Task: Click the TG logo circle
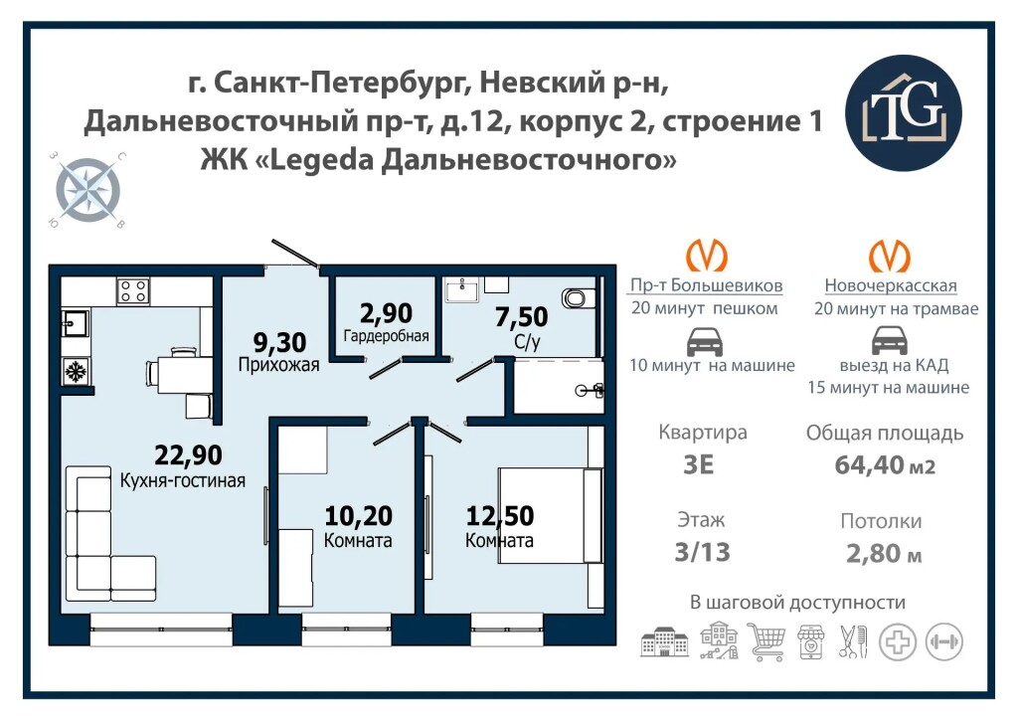point(903,112)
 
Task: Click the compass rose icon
point(87,190)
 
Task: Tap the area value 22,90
point(188,455)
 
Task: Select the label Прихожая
point(278,365)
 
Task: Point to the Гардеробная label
point(387,336)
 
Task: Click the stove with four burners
point(133,290)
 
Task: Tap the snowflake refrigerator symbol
point(76,372)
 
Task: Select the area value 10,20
point(358,516)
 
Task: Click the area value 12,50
point(500,516)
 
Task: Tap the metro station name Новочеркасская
point(891,285)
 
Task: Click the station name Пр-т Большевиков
point(707,285)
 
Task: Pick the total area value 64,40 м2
point(885,464)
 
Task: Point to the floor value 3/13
point(703,552)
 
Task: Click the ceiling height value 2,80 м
point(884,553)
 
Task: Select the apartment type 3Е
point(699,464)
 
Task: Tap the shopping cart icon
point(766,640)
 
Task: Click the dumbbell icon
point(944,642)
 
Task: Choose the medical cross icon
point(898,642)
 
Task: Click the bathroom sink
point(461,289)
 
